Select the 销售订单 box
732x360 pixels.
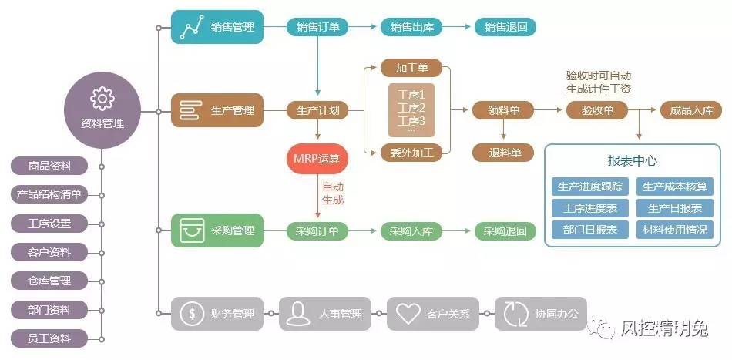(x=317, y=27)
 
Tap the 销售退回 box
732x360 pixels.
(x=505, y=27)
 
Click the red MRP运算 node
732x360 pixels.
(x=317, y=159)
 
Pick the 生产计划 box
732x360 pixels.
(x=317, y=110)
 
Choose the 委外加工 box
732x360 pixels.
(x=411, y=153)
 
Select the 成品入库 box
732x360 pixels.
(x=690, y=110)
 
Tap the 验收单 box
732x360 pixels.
(x=597, y=110)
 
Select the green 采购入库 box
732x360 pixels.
(x=411, y=231)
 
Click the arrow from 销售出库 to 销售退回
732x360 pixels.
(x=458, y=27)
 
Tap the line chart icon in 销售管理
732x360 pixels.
(x=191, y=28)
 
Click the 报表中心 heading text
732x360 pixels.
(x=632, y=161)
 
